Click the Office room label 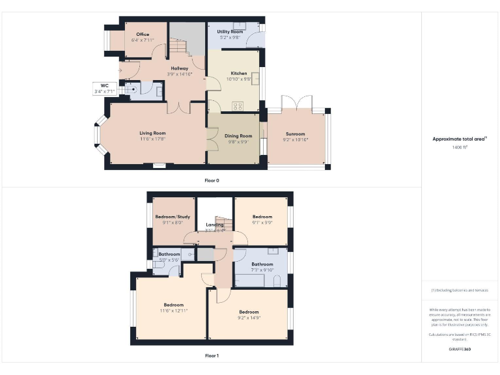tap(142, 35)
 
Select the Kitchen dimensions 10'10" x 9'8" tap(239, 79)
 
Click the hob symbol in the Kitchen tap(238, 105)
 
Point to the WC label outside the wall tap(104, 85)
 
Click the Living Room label tap(152, 133)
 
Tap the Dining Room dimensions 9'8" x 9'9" tap(237, 141)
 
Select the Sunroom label tap(295, 133)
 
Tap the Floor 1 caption tap(212, 355)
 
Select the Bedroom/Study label tap(173, 216)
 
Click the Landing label tap(214, 225)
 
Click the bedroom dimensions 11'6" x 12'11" tap(173, 311)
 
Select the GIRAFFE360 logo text tap(460, 350)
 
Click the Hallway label tap(180, 68)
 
